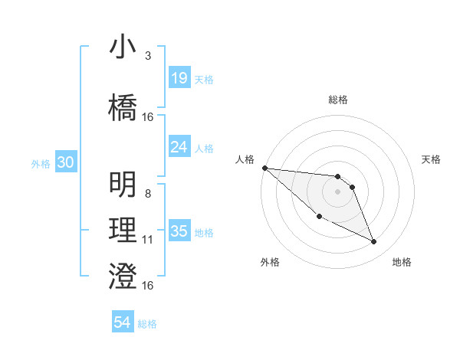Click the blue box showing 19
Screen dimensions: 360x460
pos(179,78)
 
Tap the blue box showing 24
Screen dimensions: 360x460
pos(179,147)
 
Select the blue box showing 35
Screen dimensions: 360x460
pos(179,231)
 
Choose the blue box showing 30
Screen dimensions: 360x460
pos(65,163)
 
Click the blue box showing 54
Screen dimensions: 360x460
pos(123,323)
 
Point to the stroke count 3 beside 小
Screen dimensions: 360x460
pos(147,56)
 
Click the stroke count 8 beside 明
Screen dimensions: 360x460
pos(147,195)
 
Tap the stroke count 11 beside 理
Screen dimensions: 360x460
pos(147,240)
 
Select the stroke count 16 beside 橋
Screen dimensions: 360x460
pos(148,117)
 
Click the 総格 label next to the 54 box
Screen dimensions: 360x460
pos(147,324)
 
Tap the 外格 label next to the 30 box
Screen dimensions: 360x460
pos(41,164)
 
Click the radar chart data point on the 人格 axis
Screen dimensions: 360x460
pos(264,168)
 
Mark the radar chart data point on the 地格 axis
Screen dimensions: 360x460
pos(374,242)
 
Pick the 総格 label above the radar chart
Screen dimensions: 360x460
pos(337,100)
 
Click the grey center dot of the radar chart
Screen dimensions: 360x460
pos(337,191)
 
